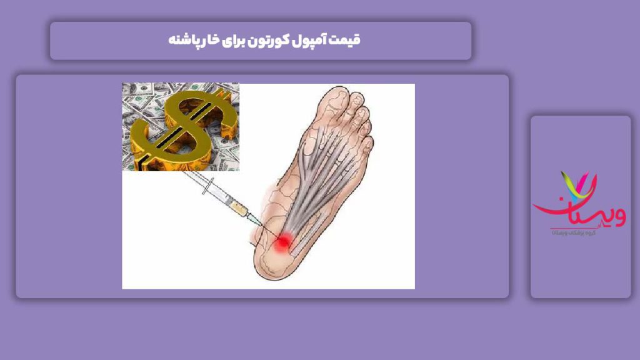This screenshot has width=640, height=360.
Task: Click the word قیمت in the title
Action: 347,41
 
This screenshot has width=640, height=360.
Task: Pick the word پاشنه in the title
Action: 187,41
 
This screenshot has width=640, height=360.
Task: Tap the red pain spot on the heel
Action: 282,241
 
